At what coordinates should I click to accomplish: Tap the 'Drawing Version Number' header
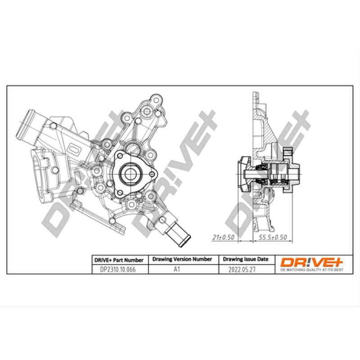point(182,260)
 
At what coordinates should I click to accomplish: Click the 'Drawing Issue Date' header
point(246,260)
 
